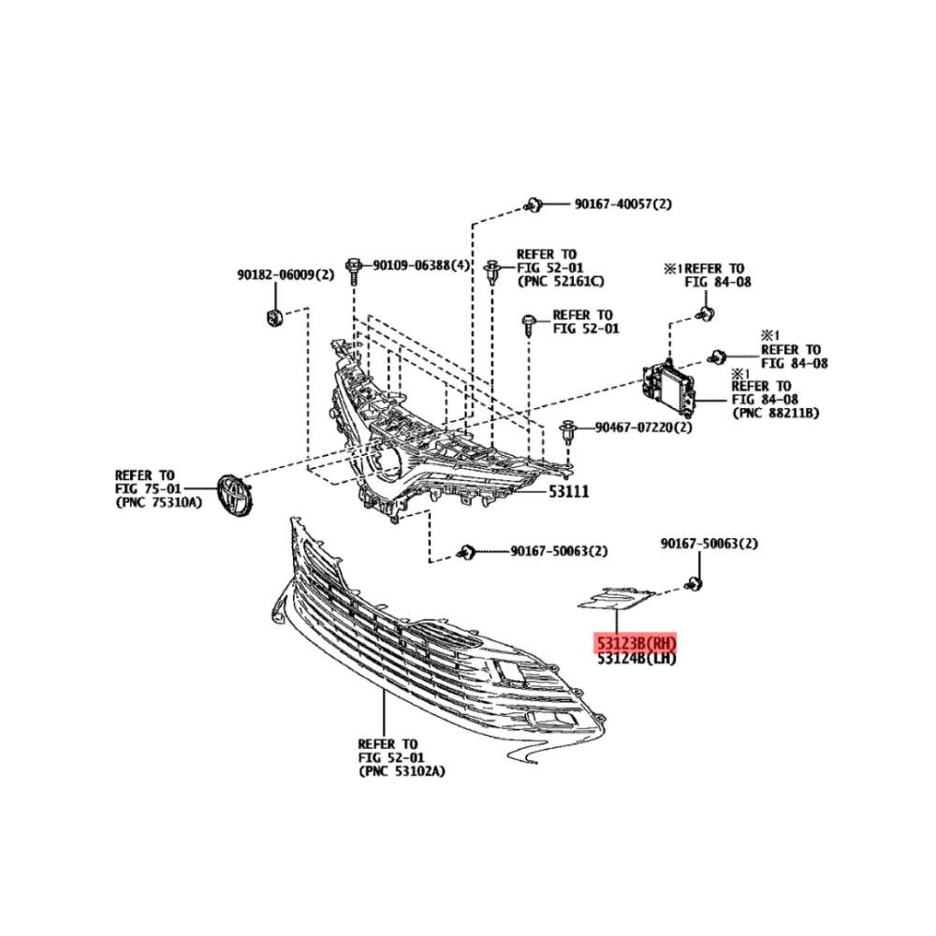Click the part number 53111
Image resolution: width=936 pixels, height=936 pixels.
569,491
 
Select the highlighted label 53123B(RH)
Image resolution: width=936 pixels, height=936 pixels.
636,643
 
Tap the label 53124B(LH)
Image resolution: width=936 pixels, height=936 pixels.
636,658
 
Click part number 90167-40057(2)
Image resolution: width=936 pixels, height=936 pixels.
623,204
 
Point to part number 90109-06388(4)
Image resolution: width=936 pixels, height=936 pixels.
421,265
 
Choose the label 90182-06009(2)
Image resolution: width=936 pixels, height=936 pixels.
285,275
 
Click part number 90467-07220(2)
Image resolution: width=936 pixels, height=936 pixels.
644,428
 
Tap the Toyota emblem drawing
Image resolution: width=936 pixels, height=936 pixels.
235,495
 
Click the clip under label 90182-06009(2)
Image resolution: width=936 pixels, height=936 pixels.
274,317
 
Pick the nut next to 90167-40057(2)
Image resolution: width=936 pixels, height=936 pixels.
533,205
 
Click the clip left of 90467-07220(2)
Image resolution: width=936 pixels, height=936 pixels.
567,431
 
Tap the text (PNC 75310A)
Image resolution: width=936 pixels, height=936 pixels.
159,502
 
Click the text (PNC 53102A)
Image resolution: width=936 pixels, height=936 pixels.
402,771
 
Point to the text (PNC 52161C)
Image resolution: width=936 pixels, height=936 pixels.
561,281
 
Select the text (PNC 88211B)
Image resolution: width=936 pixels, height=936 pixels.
775,413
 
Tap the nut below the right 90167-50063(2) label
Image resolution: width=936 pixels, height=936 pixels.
694,584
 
